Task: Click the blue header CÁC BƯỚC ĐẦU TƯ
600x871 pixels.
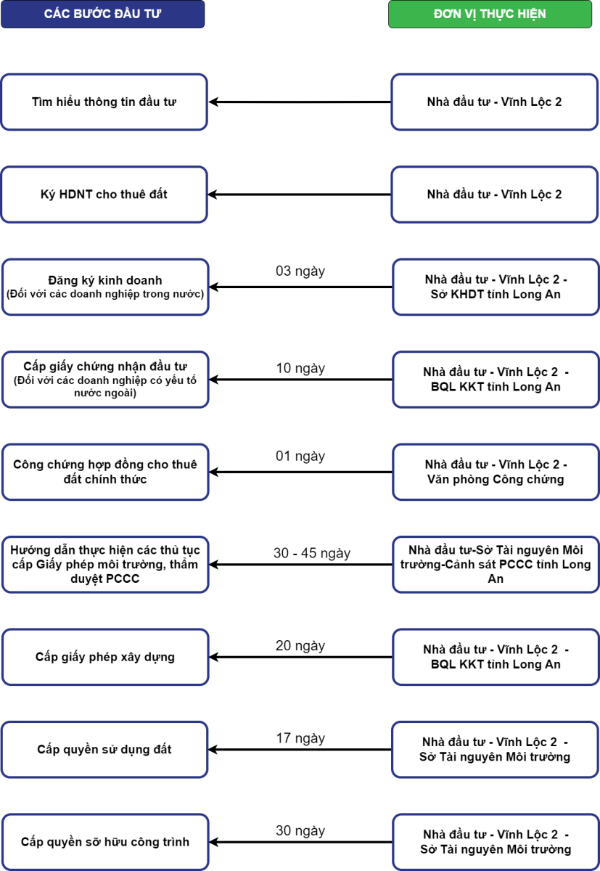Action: [x=102, y=14]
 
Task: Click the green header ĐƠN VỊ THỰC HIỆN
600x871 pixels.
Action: [x=490, y=14]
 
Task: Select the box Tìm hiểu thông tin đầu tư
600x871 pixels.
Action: [x=104, y=102]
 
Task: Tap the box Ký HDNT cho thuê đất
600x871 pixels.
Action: [x=104, y=195]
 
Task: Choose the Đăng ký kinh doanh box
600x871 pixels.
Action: [x=105, y=287]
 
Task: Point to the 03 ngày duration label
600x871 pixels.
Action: [x=300, y=271]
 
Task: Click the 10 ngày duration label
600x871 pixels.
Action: [x=300, y=368]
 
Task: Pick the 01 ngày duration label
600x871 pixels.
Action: [x=300, y=456]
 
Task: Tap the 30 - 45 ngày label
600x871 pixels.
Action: [x=312, y=553]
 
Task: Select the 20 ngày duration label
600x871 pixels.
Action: [x=300, y=646]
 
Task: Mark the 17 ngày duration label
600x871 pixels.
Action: [x=300, y=738]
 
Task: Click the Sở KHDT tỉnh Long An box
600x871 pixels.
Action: [x=496, y=287]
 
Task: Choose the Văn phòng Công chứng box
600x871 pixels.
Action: [x=496, y=472]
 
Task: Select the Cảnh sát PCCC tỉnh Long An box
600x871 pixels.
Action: [x=496, y=565]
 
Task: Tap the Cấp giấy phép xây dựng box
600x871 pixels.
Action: [x=105, y=657]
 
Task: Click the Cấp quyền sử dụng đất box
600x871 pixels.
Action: [x=104, y=750]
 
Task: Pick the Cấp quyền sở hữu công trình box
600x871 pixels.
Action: [x=105, y=842]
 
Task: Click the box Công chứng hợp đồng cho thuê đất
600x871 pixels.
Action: [x=105, y=472]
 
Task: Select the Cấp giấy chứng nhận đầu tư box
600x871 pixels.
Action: [x=105, y=380]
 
